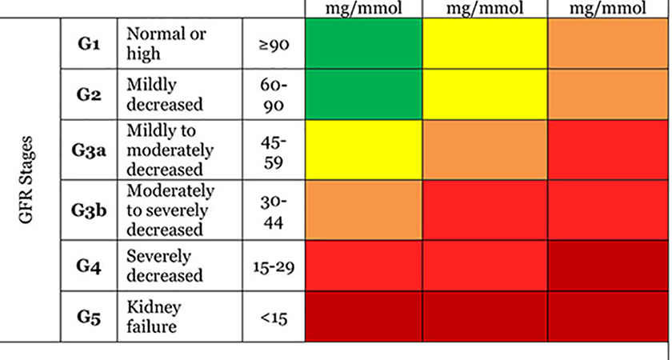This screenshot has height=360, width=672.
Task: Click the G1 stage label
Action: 89,44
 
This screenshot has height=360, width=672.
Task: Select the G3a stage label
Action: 89,150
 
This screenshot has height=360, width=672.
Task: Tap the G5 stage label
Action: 89,318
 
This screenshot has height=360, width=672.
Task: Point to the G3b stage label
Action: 89,210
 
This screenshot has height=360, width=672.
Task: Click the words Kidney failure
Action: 154,317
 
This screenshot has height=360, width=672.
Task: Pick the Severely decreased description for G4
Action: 165,266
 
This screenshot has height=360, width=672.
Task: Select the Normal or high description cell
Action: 166,43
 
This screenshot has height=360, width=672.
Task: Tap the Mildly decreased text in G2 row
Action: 165,94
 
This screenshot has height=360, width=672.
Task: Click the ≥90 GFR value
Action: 274,44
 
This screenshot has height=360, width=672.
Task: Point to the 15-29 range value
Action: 274,267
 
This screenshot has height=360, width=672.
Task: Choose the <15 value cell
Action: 274,318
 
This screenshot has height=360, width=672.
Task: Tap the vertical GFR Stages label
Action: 26,180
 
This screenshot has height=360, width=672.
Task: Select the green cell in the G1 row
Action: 363,43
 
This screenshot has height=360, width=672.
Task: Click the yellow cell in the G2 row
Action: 485,94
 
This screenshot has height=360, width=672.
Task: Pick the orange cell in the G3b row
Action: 363,210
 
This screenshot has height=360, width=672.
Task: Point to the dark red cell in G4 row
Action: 608,266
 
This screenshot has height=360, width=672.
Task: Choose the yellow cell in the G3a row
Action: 363,150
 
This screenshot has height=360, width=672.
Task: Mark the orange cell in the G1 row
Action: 608,43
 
